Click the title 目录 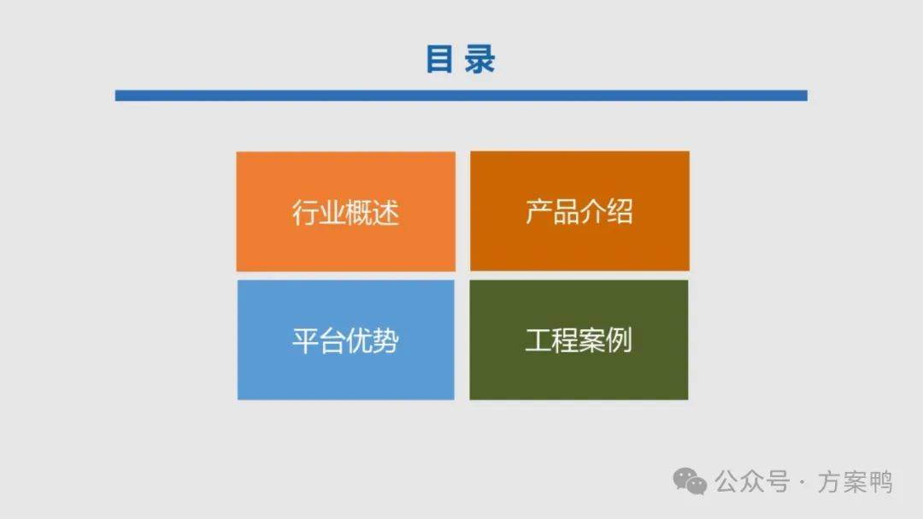(461, 60)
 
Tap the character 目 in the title (439, 60)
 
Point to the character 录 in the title (479, 60)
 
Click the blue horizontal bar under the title (461, 96)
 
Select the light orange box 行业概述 (345, 211)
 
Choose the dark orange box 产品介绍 (579, 211)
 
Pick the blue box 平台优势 (345, 340)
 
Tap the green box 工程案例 (579, 340)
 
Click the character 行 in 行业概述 (305, 213)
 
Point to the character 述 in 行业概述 (386, 213)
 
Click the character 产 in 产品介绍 (538, 211)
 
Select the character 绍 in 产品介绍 (620, 211)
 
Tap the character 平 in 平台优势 (305, 340)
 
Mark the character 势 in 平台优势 (386, 340)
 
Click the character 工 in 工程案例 (538, 340)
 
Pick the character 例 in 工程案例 (620, 340)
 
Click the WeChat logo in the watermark (690, 481)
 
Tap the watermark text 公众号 (752, 482)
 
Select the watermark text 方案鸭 (855, 482)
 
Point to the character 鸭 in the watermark (880, 482)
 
